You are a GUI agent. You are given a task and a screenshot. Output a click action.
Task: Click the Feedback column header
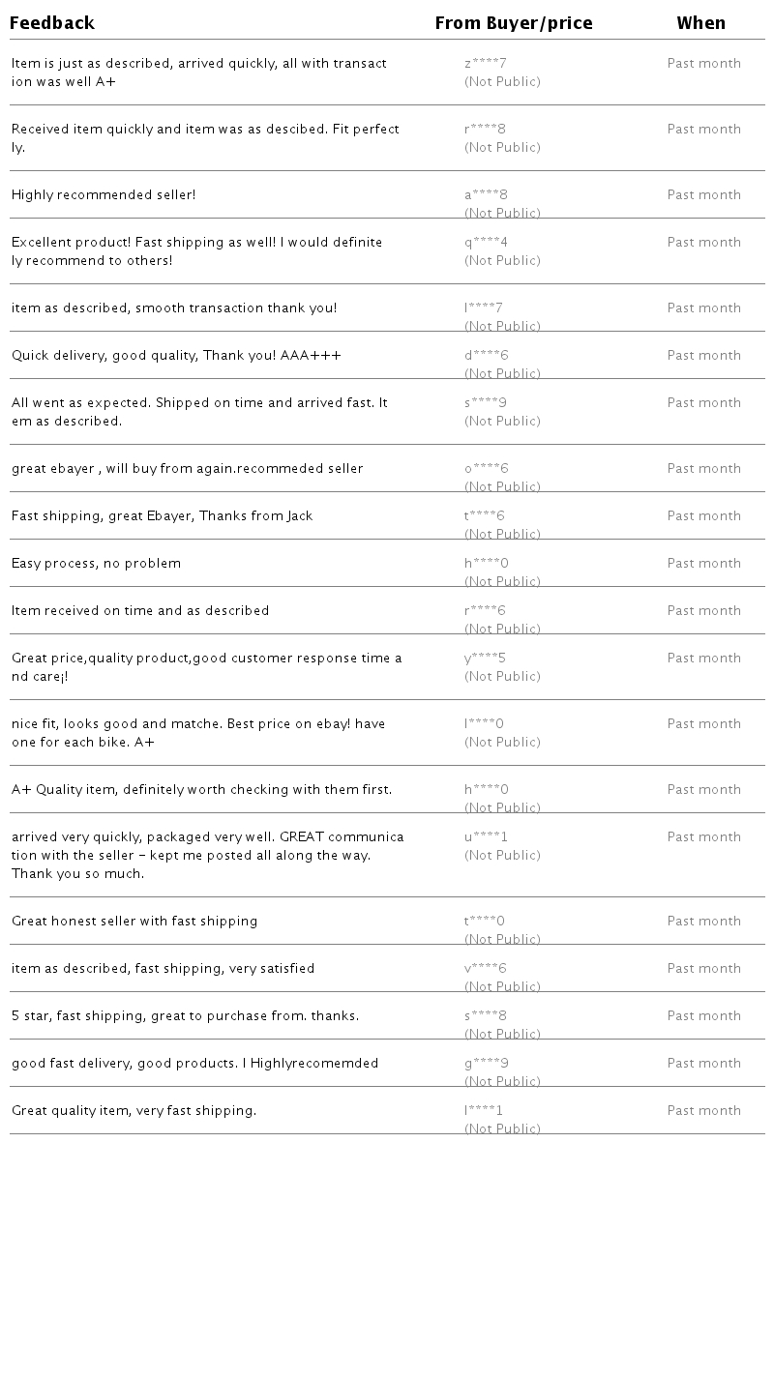click(52, 23)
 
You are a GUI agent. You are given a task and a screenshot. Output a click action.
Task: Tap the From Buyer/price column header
click(514, 23)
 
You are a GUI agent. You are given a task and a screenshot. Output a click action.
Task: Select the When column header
click(700, 23)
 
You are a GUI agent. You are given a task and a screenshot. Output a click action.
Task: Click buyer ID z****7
click(486, 64)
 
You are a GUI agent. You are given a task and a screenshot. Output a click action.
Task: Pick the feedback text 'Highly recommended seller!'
click(104, 195)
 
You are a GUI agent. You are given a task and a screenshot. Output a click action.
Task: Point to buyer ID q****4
click(486, 243)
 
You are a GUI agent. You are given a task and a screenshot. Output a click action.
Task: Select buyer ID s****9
click(486, 403)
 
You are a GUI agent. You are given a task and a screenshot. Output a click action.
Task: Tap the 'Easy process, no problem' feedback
click(96, 564)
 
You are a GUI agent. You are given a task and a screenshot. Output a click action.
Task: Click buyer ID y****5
click(486, 659)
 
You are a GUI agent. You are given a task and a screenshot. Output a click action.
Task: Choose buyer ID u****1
click(486, 837)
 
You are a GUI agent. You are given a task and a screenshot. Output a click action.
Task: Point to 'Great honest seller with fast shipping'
click(134, 922)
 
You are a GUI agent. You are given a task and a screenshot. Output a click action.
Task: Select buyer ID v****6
click(486, 969)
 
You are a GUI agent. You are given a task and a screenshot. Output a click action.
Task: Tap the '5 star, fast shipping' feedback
click(185, 1016)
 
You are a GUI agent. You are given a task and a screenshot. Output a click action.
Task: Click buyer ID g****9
click(486, 1064)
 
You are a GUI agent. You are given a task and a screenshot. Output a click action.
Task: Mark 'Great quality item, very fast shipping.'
click(134, 1111)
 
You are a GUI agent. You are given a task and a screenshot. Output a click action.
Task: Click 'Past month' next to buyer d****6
click(703, 356)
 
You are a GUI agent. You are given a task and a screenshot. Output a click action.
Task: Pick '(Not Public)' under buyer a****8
click(502, 214)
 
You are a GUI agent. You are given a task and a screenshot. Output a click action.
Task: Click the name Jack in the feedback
click(300, 516)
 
